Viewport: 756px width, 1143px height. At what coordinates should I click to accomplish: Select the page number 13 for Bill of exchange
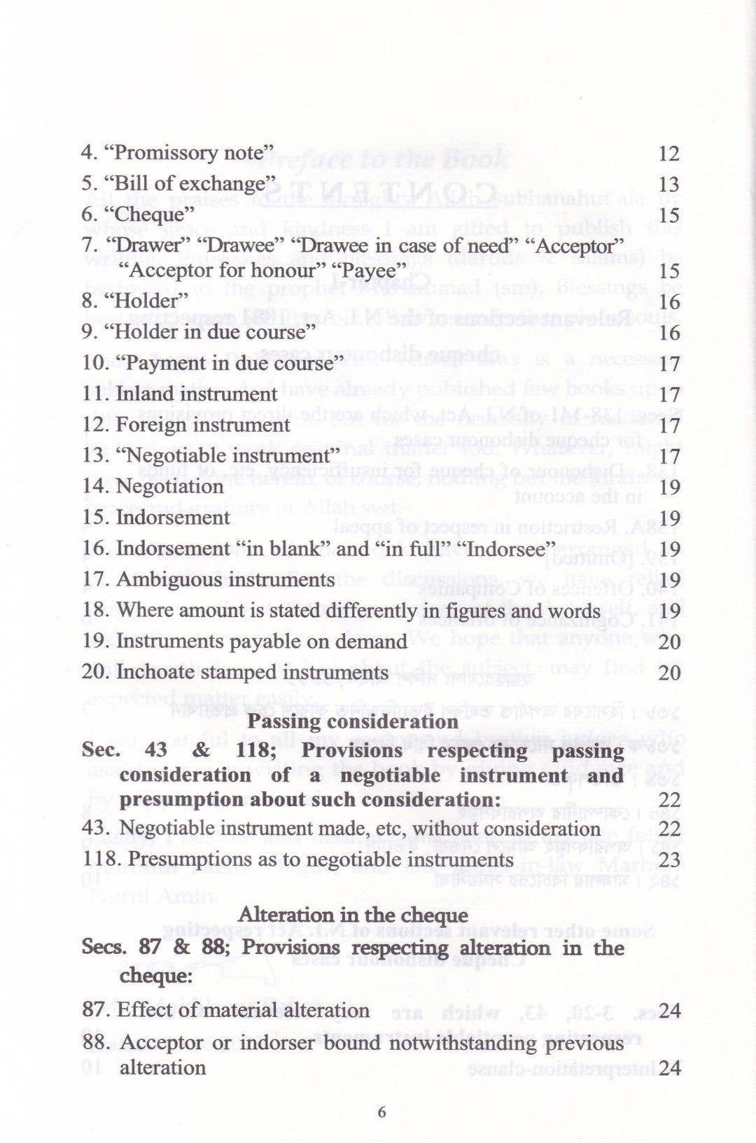(669, 183)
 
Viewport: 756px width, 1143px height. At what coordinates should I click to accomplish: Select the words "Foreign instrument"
(202, 425)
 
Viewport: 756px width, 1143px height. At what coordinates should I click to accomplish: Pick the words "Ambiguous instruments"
(225, 580)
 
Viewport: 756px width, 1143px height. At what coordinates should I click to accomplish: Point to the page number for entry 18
(669, 611)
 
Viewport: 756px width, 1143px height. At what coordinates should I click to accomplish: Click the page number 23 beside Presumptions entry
(669, 860)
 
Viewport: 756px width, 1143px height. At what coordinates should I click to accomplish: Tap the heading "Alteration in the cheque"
(353, 915)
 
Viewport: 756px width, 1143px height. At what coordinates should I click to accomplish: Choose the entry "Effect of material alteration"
(243, 1010)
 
